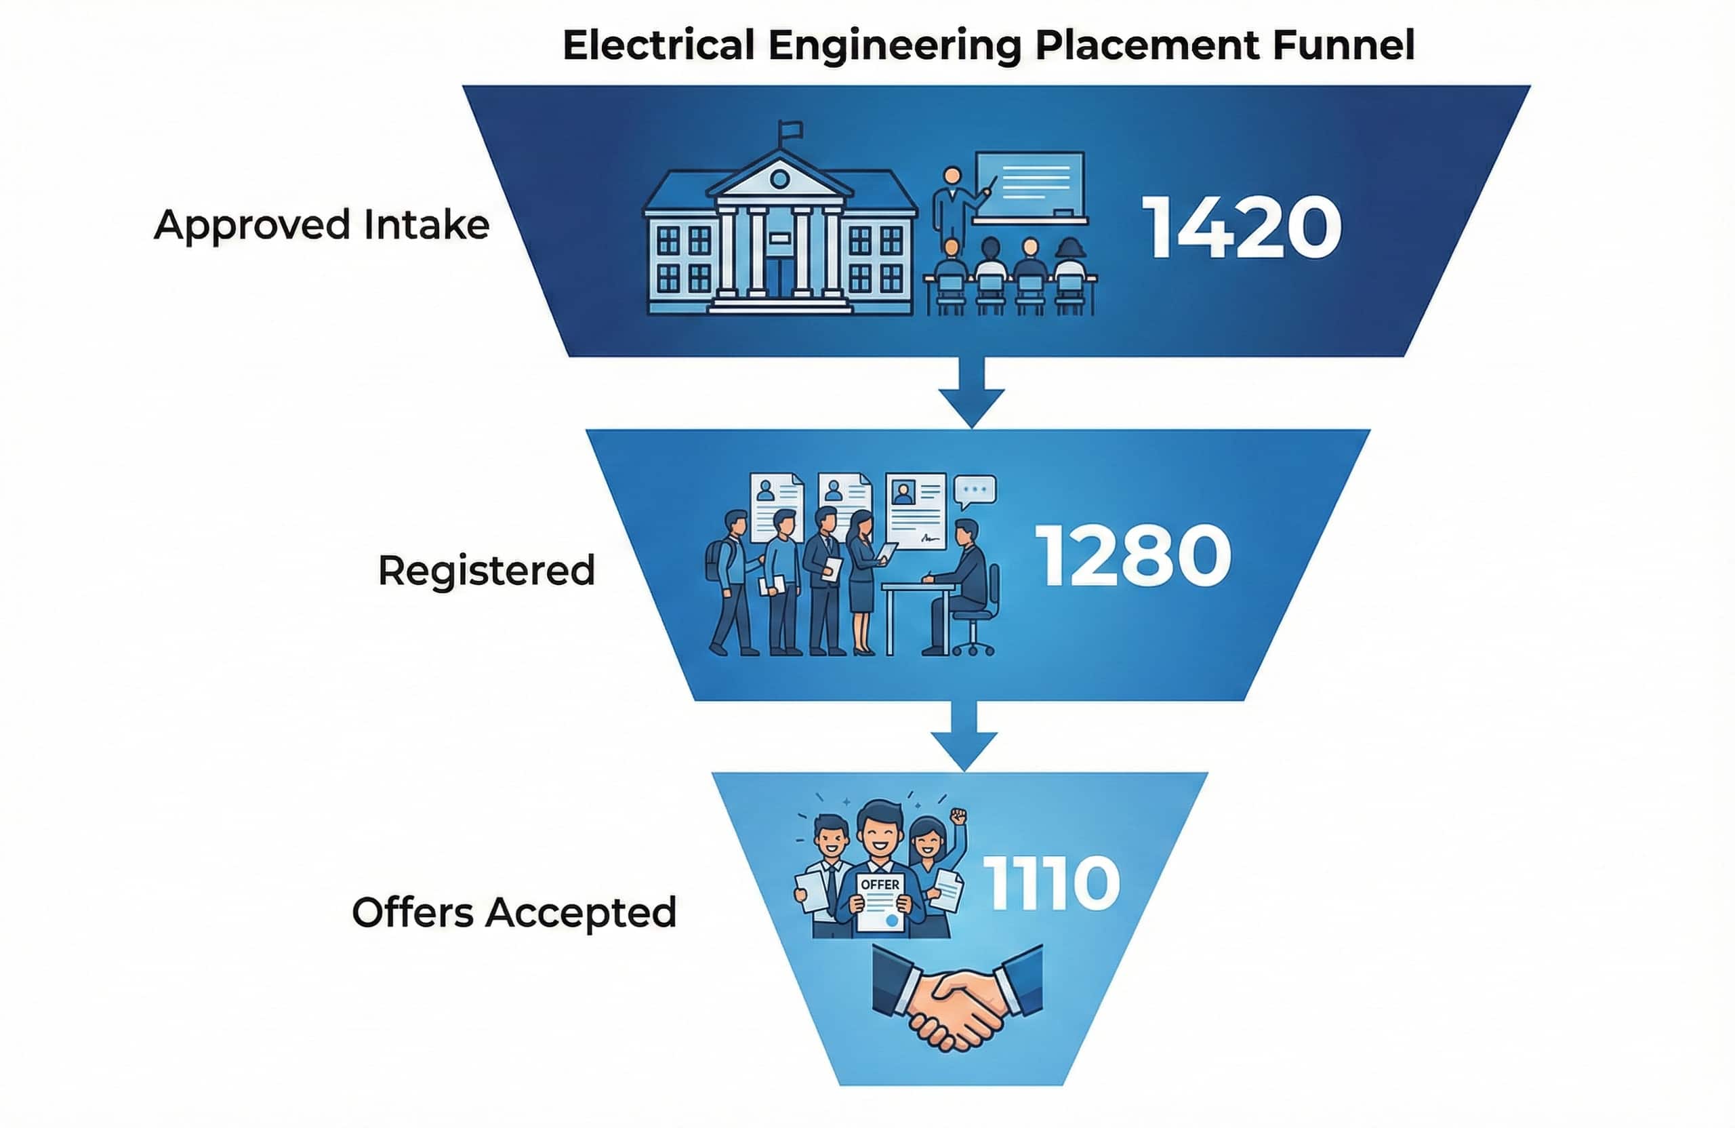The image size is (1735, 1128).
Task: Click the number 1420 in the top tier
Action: click(1241, 227)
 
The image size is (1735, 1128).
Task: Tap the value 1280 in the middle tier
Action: click(1133, 557)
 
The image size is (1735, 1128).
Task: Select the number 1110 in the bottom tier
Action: click(1051, 884)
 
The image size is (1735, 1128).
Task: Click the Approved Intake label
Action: click(321, 224)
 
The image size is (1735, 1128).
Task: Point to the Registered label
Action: click(486, 570)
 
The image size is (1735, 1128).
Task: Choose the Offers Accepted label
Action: click(514, 912)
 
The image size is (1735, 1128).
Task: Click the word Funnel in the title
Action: click(1343, 45)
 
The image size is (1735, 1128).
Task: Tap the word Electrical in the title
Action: click(658, 45)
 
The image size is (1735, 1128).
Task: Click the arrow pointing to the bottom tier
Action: click(964, 736)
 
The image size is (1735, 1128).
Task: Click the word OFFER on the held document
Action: click(880, 885)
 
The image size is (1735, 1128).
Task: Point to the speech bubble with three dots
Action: click(975, 491)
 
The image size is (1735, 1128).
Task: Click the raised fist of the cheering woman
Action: click(958, 816)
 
